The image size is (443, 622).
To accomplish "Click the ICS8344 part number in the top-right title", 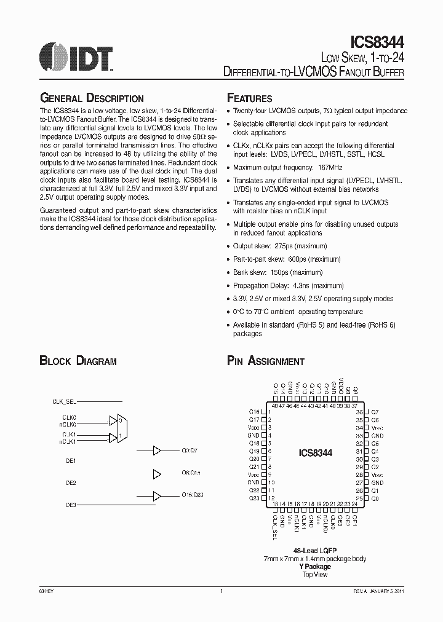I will (377, 41).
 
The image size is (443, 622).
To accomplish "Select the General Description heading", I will (92, 98).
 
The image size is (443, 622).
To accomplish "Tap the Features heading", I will (250, 98).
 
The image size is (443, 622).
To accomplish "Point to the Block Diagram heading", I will (78, 361).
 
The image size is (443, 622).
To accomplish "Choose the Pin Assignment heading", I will (266, 361).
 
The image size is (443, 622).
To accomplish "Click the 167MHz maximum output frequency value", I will (330, 167).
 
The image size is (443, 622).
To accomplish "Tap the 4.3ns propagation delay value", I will (303, 286).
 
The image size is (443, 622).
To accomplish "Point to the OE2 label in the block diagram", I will (70, 483).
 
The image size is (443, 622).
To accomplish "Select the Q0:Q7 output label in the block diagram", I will (191, 451).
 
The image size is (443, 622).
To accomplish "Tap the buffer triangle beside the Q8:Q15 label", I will (157, 473).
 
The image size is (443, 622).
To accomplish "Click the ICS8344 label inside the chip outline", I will (316, 452).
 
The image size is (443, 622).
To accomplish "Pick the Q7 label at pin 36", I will (375, 412).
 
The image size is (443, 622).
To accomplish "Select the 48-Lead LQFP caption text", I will (316, 551).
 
